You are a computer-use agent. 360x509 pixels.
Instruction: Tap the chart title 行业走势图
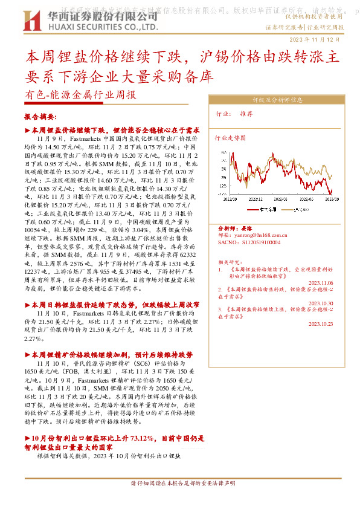231,138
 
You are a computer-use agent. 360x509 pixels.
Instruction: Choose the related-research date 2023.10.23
320,324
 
